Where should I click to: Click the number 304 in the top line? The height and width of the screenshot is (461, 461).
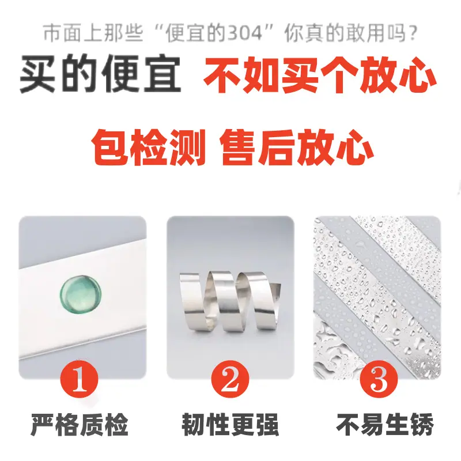click(245, 33)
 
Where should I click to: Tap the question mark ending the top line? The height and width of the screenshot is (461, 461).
click(413, 33)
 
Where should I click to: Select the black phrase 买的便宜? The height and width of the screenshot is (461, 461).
click(100, 74)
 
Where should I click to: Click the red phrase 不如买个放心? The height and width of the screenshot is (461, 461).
click(320, 74)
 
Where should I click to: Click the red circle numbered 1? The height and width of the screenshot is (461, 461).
click(80, 379)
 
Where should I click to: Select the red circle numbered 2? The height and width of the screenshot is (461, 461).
click(230, 379)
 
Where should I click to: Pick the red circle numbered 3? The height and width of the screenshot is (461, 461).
click(379, 379)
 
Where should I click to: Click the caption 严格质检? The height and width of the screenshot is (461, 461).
click(80, 425)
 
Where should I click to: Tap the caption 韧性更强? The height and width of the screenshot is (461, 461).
click(230, 425)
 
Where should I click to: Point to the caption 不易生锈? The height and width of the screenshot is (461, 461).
click(385, 425)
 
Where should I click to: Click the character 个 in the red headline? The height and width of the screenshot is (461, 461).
click(339, 74)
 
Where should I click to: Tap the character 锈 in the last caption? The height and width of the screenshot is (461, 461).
click(422, 425)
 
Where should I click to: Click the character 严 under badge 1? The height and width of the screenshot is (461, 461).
click(42, 425)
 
